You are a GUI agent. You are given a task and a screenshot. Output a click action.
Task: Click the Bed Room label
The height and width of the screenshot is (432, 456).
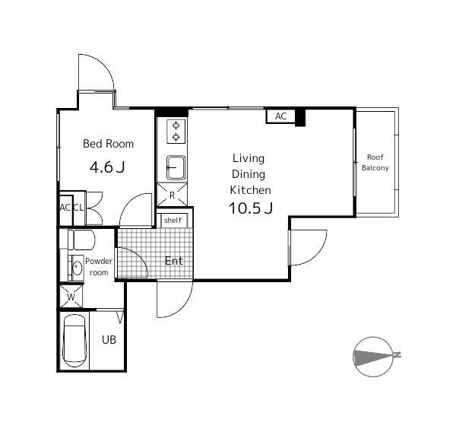click(x=108, y=144)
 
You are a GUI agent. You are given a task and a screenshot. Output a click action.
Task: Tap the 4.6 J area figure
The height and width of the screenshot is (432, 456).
click(x=107, y=167)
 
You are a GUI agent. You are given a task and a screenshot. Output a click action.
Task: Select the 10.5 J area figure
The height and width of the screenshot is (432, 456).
click(x=251, y=208)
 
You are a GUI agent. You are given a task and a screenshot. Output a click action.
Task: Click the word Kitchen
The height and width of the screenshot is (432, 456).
click(x=250, y=190)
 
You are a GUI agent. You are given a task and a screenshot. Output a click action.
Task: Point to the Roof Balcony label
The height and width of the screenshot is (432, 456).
click(x=375, y=163)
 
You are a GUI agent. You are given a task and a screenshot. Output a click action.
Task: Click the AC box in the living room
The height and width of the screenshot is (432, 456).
click(x=280, y=116)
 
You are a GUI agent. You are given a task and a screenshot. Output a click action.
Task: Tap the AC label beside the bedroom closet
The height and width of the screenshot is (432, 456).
click(x=65, y=208)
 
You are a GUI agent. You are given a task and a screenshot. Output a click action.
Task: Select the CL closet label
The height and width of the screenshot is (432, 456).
click(x=78, y=208)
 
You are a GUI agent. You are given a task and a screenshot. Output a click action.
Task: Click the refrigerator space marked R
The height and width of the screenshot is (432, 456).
click(x=172, y=195)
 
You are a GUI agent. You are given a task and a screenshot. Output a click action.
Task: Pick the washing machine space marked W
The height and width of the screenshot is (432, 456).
click(x=71, y=297)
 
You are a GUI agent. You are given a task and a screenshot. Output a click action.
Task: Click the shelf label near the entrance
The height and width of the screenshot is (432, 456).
click(x=173, y=221)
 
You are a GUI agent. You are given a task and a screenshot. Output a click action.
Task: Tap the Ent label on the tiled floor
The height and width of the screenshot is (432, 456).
click(x=174, y=261)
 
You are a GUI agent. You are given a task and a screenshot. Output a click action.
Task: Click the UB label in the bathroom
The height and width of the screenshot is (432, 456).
click(x=109, y=340)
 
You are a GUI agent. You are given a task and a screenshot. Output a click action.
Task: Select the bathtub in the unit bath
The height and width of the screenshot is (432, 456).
click(x=74, y=341)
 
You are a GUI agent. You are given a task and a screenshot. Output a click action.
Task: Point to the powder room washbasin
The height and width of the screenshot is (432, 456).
click(x=77, y=268)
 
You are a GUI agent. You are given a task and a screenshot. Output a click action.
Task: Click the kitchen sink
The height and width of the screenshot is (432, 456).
click(x=176, y=167)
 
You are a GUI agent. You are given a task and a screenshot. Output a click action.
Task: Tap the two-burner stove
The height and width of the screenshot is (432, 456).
click(x=176, y=132)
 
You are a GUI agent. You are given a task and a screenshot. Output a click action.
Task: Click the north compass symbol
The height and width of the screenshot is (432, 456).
click(x=373, y=357)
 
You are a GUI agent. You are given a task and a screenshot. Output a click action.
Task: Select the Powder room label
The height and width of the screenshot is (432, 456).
click(x=99, y=267)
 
